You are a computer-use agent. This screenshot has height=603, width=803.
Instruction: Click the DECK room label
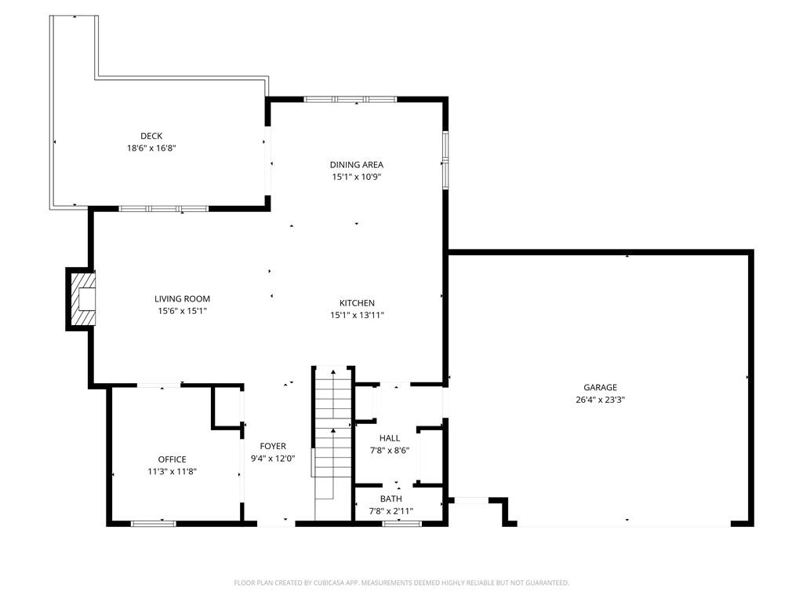pos(151,136)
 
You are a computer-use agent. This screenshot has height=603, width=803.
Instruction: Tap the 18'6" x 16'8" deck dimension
pos(151,148)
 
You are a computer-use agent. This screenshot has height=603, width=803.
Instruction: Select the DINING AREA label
pos(357,165)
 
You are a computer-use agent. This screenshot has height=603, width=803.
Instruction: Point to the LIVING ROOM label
pos(182,298)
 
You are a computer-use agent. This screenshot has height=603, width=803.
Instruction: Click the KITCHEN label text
pos(357,303)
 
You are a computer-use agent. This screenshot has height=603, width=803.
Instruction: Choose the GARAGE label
pos(600,387)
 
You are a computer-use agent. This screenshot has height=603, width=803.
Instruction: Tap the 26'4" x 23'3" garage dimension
pos(600,400)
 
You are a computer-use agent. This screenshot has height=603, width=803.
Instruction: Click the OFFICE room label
pos(172,459)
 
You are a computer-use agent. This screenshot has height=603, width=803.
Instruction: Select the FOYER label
pos(273,446)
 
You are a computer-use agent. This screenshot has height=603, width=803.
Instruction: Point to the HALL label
pos(390,438)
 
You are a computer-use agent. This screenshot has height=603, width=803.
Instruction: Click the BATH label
pos(391,499)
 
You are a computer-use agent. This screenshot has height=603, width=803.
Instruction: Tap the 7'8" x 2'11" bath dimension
pos(391,510)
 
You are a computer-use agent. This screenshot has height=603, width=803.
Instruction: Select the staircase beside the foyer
pos(333,442)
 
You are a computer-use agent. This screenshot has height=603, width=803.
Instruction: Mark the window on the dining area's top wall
pos(351,100)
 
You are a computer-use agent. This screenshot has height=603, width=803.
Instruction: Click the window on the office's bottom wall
pos(154,524)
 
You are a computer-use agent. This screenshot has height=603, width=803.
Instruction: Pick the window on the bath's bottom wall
pos(402,524)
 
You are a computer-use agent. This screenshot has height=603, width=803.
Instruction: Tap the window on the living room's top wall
pos(164,209)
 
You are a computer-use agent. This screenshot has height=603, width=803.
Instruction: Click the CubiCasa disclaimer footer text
pos(401,583)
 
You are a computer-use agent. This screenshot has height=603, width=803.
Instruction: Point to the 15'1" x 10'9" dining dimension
pos(357,177)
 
